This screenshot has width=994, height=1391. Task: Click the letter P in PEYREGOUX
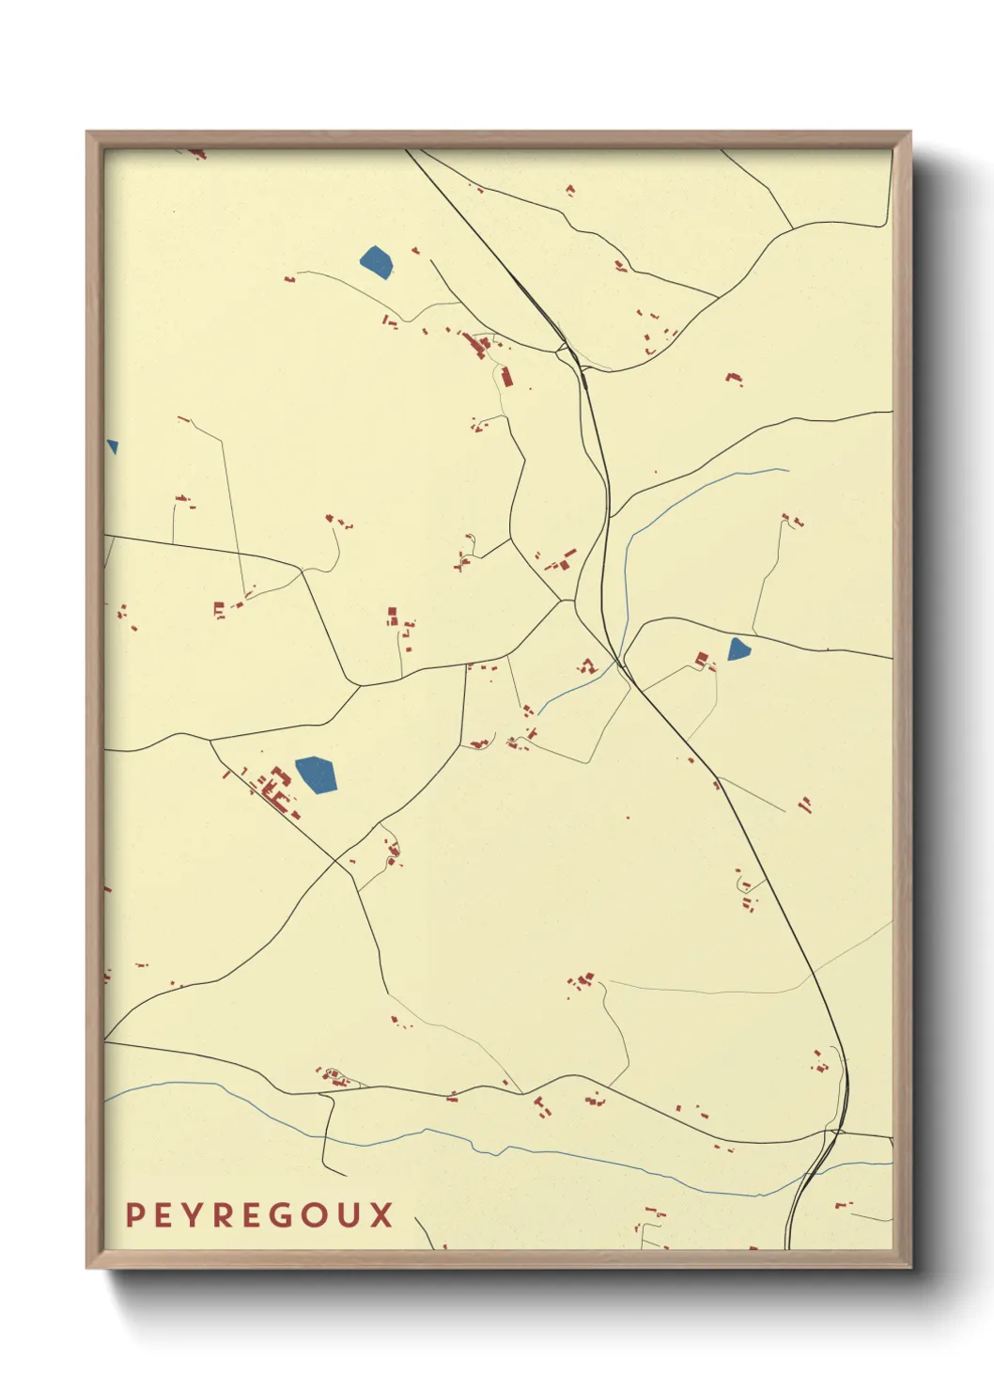click(x=134, y=1215)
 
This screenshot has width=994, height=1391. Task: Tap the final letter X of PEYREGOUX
click(x=381, y=1215)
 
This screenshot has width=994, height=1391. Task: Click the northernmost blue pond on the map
click(x=376, y=261)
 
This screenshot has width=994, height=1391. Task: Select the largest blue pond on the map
click(x=317, y=774)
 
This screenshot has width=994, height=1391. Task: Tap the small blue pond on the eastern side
click(x=738, y=649)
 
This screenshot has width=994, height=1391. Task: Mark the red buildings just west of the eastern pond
click(x=703, y=660)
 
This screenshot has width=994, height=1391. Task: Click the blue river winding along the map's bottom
click(x=564, y=1158)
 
